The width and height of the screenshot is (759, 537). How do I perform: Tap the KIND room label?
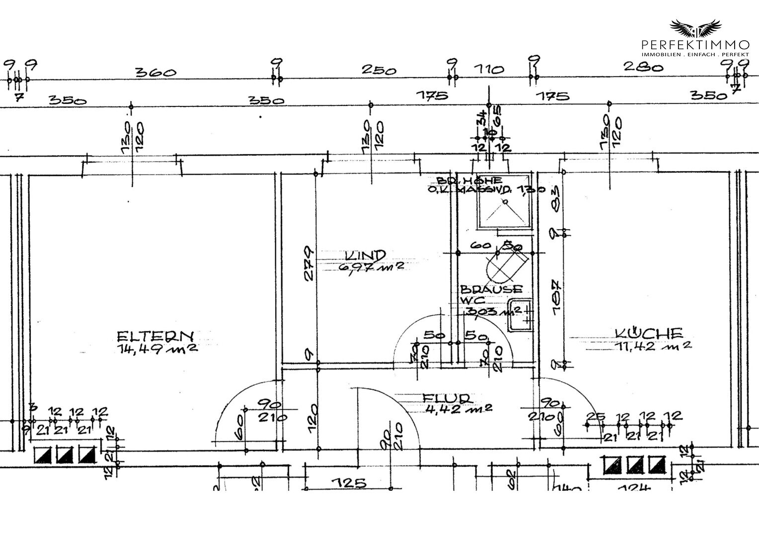pos(365,255)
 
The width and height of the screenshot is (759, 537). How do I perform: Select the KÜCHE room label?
pos(649,333)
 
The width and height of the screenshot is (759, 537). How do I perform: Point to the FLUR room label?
pos(447,398)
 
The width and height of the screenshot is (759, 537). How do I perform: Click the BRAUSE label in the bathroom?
pos(491,289)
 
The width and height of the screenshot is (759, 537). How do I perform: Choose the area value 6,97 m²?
pos(371,267)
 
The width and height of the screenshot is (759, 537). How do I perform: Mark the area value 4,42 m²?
pos(458,409)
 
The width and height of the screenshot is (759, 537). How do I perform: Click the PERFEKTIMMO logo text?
pos(695,45)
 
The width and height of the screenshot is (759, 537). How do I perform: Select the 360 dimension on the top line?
pos(156,73)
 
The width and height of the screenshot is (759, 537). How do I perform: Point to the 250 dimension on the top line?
pos(379,70)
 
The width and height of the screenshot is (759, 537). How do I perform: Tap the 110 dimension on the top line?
pos(490,70)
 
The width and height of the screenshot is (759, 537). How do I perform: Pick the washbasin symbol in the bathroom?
pos(520,315)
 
